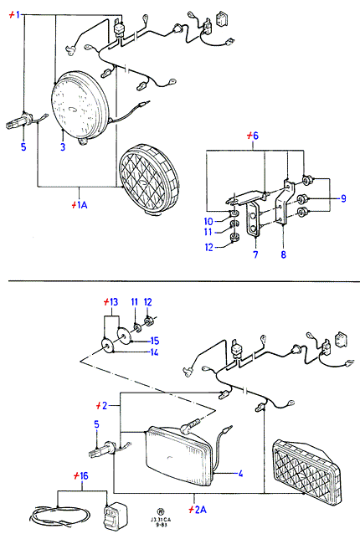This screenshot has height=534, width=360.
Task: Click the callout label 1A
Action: [x=82, y=205]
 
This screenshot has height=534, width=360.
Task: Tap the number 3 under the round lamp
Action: [x=63, y=147]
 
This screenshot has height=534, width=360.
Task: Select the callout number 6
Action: [x=255, y=136]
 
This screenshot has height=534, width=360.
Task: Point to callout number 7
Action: [x=256, y=254]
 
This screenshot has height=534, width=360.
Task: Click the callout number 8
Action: [x=283, y=254]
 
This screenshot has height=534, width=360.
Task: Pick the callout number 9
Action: [x=343, y=198]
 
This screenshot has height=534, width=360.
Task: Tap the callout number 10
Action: [x=208, y=221]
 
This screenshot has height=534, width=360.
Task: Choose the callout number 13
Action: [x=113, y=302]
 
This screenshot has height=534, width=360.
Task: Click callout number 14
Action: [x=154, y=352]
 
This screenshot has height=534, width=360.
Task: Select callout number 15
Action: [x=155, y=341]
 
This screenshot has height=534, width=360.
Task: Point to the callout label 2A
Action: [x=201, y=510]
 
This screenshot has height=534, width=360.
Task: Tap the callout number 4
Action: [x=240, y=474]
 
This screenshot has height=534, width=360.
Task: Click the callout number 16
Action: [x=84, y=475]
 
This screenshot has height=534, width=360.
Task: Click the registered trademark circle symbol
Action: [x=160, y=511]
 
